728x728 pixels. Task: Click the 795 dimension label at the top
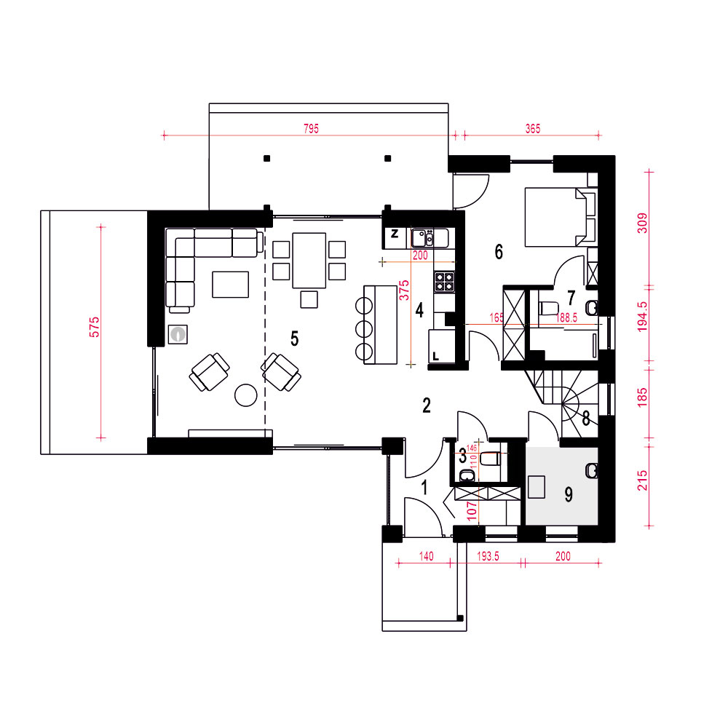coord(311,129)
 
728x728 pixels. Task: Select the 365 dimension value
coord(533,129)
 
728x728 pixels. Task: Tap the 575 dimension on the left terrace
coord(94,327)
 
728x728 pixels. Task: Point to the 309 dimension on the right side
coord(642,223)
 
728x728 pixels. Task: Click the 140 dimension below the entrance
coord(426,556)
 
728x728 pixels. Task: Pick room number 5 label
coord(294,339)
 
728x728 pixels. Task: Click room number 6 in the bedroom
coord(499,252)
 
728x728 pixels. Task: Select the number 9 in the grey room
coord(569,494)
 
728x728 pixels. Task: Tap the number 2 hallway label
coord(427,405)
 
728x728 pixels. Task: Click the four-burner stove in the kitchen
coord(444,282)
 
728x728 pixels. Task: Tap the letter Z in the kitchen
coord(395,234)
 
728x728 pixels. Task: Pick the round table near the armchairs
coord(246,395)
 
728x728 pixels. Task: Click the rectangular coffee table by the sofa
coord(230,284)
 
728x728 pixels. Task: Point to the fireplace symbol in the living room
coord(178,334)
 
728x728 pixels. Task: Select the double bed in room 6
coord(561,217)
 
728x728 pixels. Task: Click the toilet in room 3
coord(490,459)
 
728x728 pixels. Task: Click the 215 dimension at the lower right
coord(642,480)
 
